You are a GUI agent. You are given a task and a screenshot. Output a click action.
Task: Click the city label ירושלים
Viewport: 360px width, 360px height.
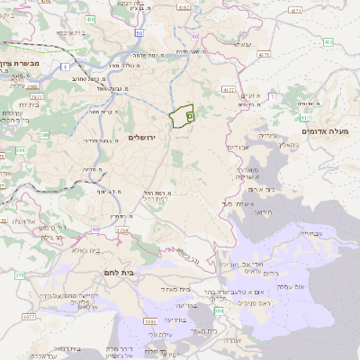pyautogui.click(x=142, y=137)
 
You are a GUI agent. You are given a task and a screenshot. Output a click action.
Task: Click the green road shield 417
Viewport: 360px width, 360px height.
pyautogui.click(x=306, y=116)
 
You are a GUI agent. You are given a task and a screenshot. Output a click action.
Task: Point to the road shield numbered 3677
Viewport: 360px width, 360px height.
pyautogui.click(x=29, y=317)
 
